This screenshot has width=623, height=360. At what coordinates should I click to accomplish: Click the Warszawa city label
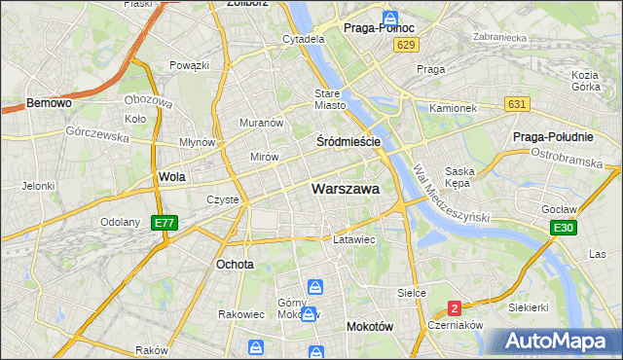(346, 189)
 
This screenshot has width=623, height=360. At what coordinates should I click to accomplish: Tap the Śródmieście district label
(348, 141)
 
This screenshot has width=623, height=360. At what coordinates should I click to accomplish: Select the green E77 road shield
(165, 223)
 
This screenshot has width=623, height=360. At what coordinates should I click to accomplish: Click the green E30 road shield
(561, 228)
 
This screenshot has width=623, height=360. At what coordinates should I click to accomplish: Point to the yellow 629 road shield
(407, 46)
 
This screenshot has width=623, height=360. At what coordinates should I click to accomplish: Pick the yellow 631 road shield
(517, 104)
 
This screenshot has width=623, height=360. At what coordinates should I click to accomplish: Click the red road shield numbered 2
(454, 308)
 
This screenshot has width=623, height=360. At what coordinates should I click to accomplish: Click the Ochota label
(235, 264)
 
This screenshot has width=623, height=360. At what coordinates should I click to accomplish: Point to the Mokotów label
(370, 328)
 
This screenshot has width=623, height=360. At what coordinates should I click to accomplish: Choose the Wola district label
(171, 177)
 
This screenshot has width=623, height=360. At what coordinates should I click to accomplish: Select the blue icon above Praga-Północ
(389, 18)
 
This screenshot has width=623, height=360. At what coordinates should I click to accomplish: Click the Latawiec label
(354, 238)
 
